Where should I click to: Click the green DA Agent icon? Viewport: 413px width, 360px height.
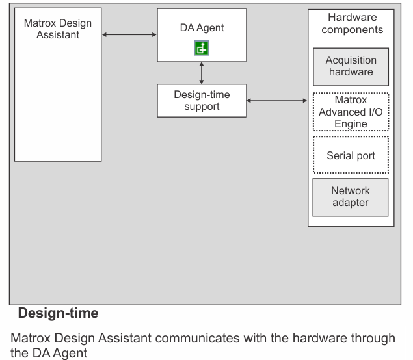pos(202,48)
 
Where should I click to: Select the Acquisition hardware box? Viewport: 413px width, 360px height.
pos(351,67)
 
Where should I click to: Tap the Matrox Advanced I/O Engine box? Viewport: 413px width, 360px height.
pos(351,112)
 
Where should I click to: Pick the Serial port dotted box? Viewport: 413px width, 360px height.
pos(351,155)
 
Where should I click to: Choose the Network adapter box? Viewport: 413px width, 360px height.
pos(351,198)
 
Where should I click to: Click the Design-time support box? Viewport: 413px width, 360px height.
pos(202,101)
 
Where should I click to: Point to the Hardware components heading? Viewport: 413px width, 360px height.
pos(352,23)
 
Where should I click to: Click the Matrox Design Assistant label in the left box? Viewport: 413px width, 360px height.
pos(58,29)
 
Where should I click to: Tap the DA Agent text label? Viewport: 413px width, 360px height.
pos(202,28)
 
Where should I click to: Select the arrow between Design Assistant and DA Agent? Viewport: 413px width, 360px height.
pos(129,34)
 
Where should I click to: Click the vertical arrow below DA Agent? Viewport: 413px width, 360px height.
pos(202,73)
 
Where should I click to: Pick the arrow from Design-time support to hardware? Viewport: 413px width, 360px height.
pos(277,101)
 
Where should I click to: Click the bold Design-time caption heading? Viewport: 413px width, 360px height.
pos(58,313)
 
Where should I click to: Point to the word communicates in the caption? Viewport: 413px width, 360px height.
pos(197,338)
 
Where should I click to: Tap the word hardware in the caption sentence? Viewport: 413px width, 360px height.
pos(316,338)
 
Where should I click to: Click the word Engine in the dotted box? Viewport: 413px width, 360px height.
pos(351,124)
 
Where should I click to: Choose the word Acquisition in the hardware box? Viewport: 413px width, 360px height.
pos(351,60)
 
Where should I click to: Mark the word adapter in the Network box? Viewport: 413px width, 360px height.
pos(351,203)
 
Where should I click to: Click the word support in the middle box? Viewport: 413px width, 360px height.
pos(202,107)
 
